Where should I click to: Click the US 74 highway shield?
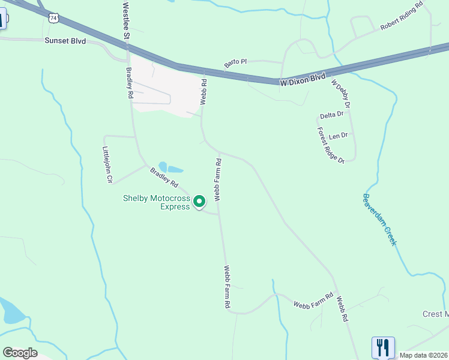pos(55,19)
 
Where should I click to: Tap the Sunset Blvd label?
pos(65,41)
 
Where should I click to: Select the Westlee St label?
pos(126,20)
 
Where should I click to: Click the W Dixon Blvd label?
pos(303,79)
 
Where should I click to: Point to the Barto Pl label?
pos(236,62)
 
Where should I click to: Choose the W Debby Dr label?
pos(340,94)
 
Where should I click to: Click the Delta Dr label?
pos(331,115)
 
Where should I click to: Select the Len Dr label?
pos(338,136)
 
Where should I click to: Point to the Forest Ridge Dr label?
pos(331,145)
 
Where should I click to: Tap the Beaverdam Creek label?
pos(380,219)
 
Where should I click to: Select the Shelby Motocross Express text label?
pos(156,202)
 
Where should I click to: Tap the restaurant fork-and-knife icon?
pos(383,347)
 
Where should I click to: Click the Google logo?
pos(20,353)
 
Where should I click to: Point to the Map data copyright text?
pos(424,355)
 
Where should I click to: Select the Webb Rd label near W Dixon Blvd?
pos(203,92)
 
